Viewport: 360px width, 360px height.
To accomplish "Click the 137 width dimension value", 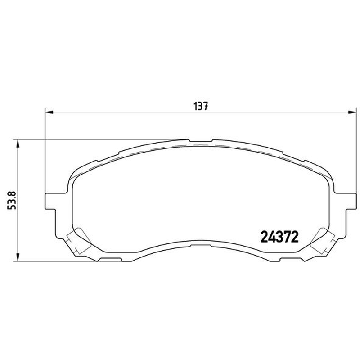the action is pos(201,106).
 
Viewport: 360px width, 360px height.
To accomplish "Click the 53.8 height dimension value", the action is pos(12,200).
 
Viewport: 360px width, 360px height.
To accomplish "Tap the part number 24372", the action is pos(279,237).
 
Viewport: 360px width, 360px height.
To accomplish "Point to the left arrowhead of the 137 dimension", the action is pos(49,112).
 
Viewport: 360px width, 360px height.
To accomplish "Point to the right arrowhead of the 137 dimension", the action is pos(352,112).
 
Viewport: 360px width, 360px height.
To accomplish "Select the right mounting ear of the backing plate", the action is pos(351,201).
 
